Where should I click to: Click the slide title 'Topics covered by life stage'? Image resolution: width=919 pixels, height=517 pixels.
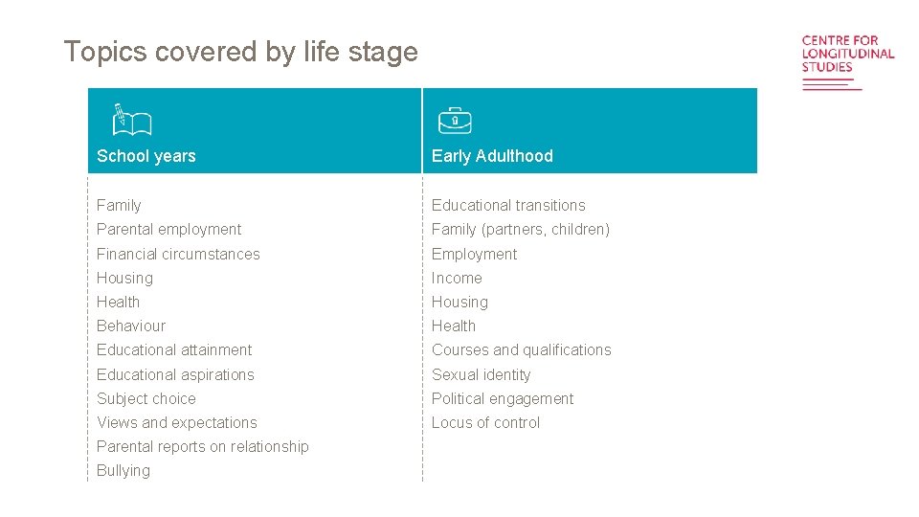pos(240,52)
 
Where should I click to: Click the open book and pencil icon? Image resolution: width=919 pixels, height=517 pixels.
pos(132,121)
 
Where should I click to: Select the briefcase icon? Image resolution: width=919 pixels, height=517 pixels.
pos(456,121)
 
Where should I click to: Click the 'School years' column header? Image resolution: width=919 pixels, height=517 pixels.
pos(146,156)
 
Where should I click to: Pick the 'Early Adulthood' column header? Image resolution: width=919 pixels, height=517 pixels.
pos(492,156)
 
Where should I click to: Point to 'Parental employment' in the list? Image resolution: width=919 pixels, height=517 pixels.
pos(168,230)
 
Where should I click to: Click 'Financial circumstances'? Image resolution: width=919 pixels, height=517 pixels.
pos(178,254)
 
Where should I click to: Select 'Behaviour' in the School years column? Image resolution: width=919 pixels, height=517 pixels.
pos(131,326)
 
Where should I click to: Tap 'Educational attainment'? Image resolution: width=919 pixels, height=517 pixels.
pos(174,350)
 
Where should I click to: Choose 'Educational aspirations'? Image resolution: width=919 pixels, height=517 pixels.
pos(175,374)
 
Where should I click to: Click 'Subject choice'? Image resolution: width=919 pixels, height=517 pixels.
pos(146,399)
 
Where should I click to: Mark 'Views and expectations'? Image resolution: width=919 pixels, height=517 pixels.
pos(177,423)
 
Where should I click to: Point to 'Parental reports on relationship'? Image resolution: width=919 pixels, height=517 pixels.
pos(203,447)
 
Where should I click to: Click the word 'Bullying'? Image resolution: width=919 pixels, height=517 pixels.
pos(123,471)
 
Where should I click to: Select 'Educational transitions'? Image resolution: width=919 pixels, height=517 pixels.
pos(508,206)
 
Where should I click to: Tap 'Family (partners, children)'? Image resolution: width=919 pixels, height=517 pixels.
pos(521,230)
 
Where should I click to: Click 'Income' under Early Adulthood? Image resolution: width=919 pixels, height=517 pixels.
pos(457,279)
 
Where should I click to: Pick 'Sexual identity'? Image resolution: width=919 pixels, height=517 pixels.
pos(482,374)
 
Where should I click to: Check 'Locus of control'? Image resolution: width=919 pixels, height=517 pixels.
pos(485,423)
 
